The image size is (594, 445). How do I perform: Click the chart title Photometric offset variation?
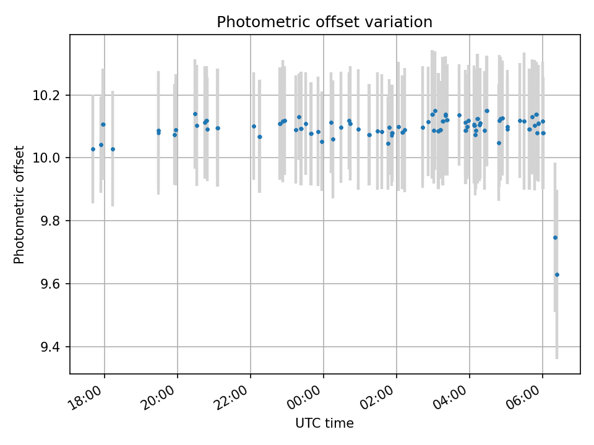(x=324, y=22)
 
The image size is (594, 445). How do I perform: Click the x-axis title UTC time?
(x=324, y=423)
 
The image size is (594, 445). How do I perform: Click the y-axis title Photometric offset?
(x=19, y=205)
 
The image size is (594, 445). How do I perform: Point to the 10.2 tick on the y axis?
(x=51, y=96)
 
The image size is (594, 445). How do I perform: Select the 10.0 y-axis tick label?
(x=51, y=158)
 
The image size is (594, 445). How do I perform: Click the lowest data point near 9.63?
(x=557, y=274)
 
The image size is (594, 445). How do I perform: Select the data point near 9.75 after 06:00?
(x=555, y=237)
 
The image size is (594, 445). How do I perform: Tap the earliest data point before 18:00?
(x=93, y=149)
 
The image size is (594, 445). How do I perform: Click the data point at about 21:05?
(x=217, y=128)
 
